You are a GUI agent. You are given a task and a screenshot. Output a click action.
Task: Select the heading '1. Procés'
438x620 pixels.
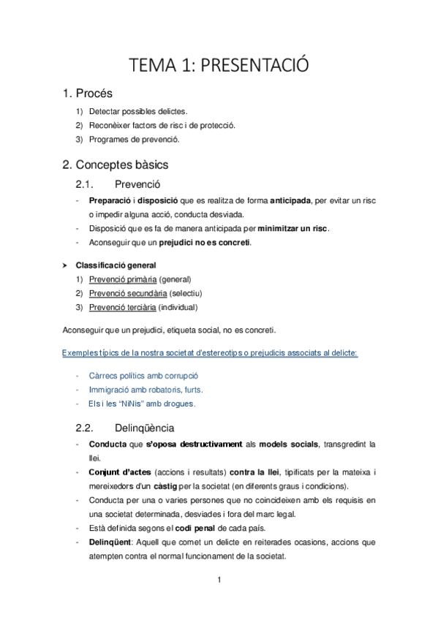point(87,94)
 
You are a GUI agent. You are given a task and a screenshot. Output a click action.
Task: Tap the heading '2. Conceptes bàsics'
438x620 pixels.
point(116,165)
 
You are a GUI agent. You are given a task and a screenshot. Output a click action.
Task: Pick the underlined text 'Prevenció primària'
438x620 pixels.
point(122,279)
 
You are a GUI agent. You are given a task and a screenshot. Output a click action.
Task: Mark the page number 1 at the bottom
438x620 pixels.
point(219,581)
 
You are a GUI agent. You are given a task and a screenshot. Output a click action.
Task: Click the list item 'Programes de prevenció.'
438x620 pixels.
point(133,140)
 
